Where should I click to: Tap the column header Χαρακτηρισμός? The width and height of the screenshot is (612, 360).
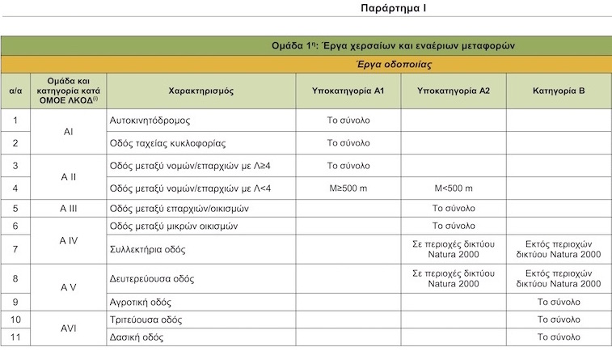(201, 91)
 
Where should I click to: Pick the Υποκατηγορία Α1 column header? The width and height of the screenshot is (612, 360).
(348, 91)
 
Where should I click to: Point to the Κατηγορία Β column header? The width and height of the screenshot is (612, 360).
(559, 91)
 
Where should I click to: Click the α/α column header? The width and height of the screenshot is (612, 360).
(15, 91)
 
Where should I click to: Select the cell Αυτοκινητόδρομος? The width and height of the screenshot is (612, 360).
(150, 120)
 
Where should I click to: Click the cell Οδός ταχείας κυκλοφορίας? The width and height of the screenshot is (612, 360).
(167, 143)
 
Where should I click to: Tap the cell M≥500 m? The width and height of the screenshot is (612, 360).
(348, 188)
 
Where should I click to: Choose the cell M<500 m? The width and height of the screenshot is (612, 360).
(453, 188)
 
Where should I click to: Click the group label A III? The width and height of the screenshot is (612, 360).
(68, 208)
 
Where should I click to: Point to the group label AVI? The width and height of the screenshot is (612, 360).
(68, 328)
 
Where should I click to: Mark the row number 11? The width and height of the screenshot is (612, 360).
(15, 337)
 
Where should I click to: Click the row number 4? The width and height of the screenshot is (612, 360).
(15, 188)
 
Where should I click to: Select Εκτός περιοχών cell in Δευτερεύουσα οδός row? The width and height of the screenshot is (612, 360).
(559, 278)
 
